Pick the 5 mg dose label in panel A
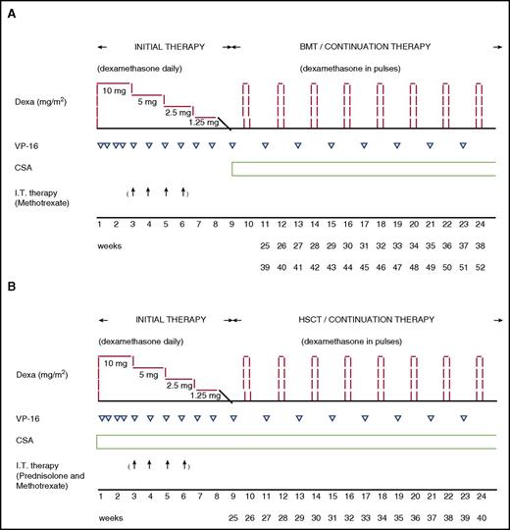[148, 101]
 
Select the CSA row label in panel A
[29, 167]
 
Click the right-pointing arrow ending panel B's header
[497, 320]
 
